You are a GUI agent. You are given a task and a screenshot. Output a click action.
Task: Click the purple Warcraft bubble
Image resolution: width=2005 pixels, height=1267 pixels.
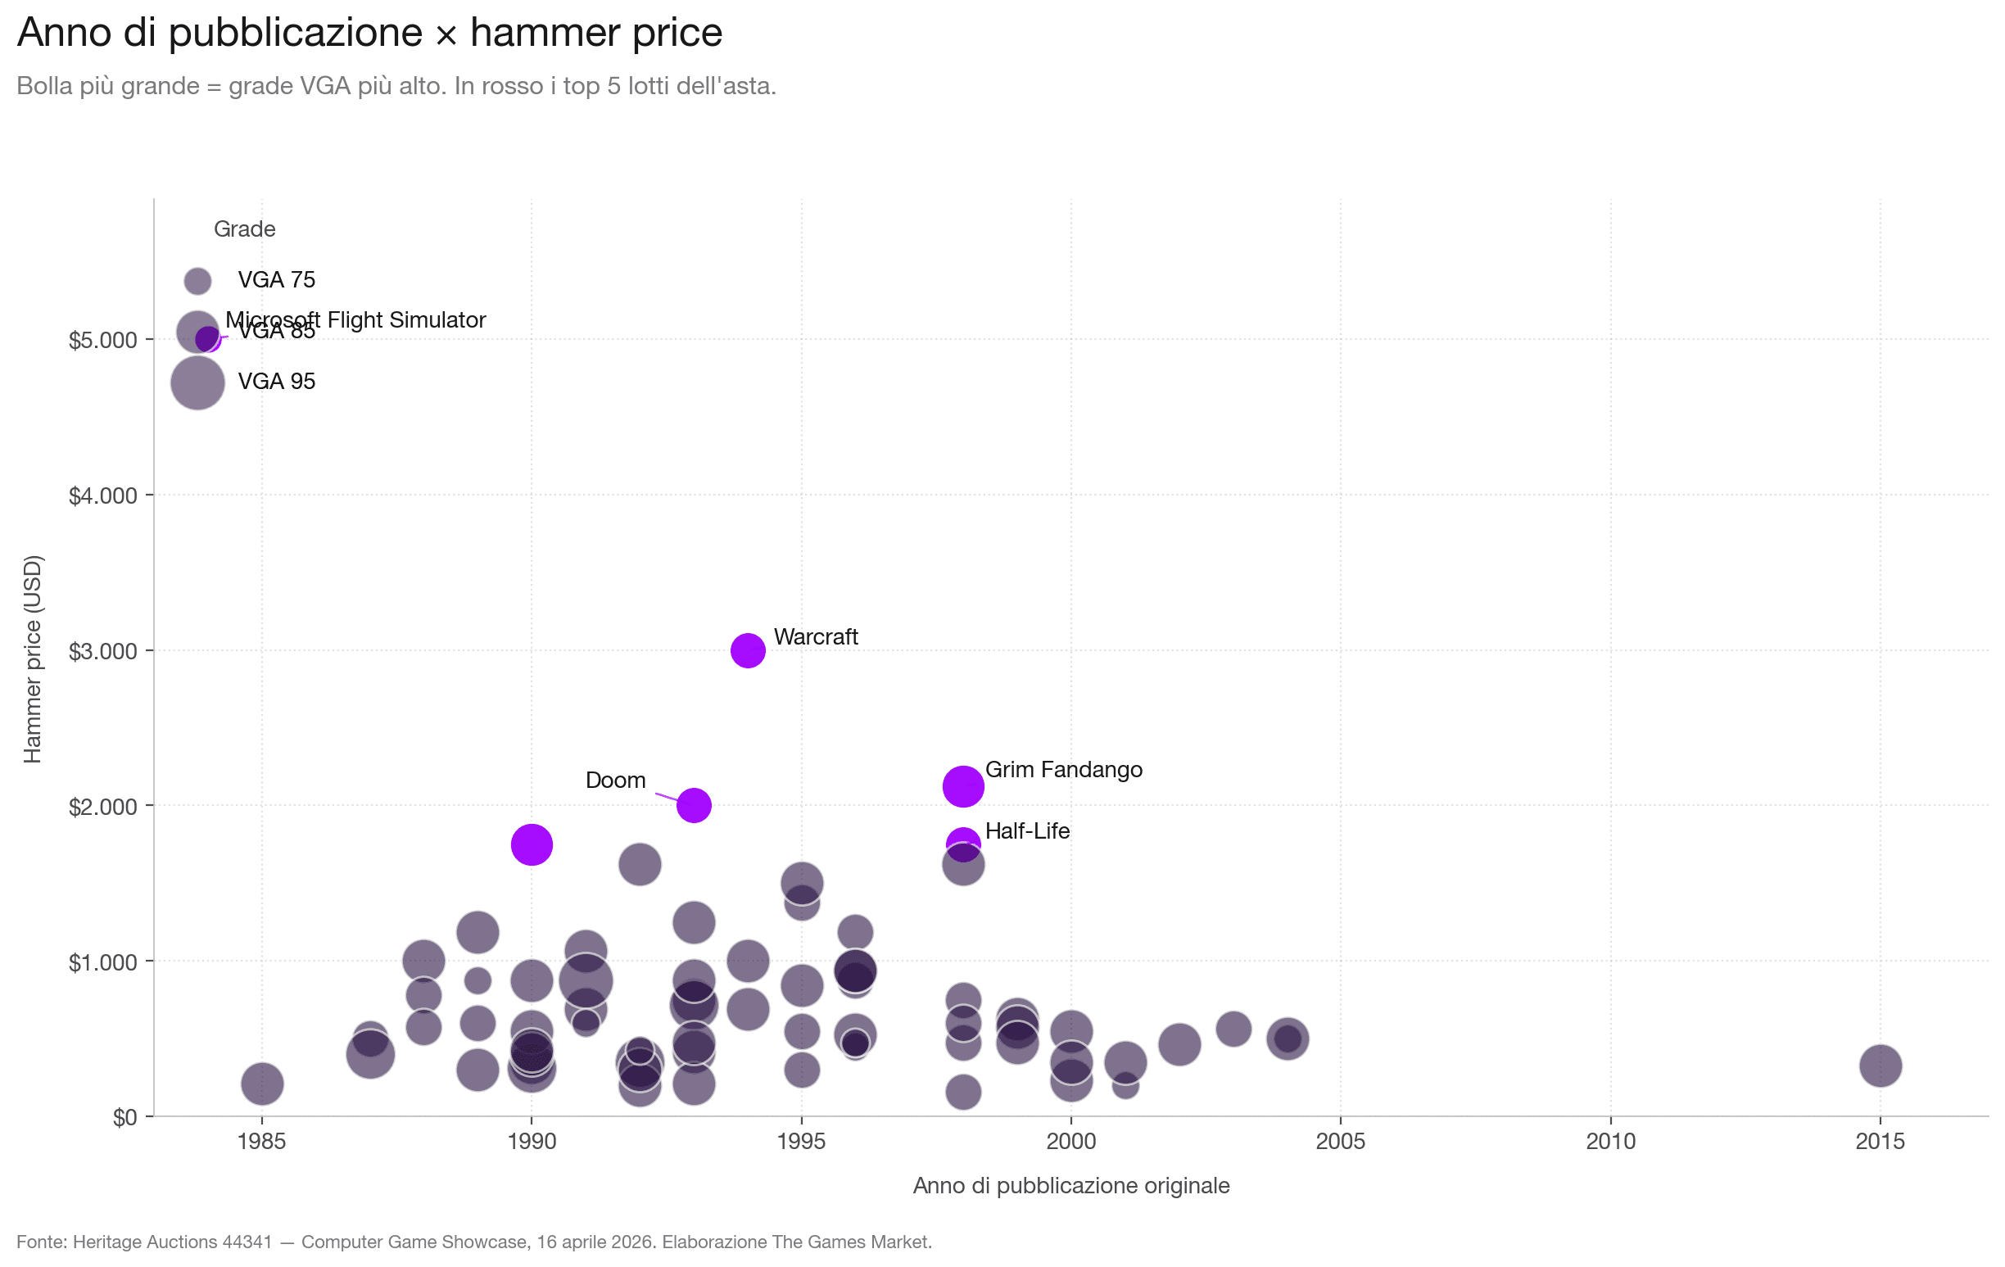click(748, 650)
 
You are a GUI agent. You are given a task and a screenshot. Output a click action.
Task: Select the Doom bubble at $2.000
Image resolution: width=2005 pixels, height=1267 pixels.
click(694, 805)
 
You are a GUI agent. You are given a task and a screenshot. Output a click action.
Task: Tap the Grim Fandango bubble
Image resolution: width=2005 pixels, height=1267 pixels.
click(962, 786)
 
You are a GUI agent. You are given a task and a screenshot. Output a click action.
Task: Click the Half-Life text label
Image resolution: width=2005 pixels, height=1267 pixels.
click(1026, 830)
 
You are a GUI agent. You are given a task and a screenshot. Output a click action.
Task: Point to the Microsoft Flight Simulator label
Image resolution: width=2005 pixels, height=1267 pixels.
click(355, 319)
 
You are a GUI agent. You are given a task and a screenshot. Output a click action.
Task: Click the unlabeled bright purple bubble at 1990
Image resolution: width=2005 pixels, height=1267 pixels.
click(532, 845)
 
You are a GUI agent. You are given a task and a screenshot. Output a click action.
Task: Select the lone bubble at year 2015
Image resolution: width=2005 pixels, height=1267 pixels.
click(1881, 1065)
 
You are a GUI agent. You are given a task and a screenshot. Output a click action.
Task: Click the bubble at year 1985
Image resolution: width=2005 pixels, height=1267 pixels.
click(262, 1084)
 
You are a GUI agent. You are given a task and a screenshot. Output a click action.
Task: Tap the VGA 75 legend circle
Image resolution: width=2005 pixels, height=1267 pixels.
click(197, 281)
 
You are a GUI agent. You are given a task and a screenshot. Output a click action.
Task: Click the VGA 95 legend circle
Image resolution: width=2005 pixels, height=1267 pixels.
click(197, 382)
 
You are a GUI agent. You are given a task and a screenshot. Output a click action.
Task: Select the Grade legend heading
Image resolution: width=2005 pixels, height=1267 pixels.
click(244, 229)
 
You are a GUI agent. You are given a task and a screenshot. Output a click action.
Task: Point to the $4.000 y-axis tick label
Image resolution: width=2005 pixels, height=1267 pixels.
click(102, 496)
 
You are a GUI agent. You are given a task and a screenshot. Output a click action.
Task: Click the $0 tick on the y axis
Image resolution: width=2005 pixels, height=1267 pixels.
click(124, 1117)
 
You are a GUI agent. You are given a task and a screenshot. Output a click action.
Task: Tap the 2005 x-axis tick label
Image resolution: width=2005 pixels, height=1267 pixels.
click(1340, 1142)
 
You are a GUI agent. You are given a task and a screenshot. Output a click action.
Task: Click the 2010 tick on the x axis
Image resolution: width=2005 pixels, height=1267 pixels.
click(1610, 1142)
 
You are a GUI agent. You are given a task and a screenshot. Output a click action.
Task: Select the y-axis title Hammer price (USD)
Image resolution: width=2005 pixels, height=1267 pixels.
click(32, 658)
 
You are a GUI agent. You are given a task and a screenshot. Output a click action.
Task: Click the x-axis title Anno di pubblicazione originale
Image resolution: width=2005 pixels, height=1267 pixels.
click(1070, 1185)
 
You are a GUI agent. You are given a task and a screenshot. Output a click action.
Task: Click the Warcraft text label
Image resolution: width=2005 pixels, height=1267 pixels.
click(815, 637)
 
